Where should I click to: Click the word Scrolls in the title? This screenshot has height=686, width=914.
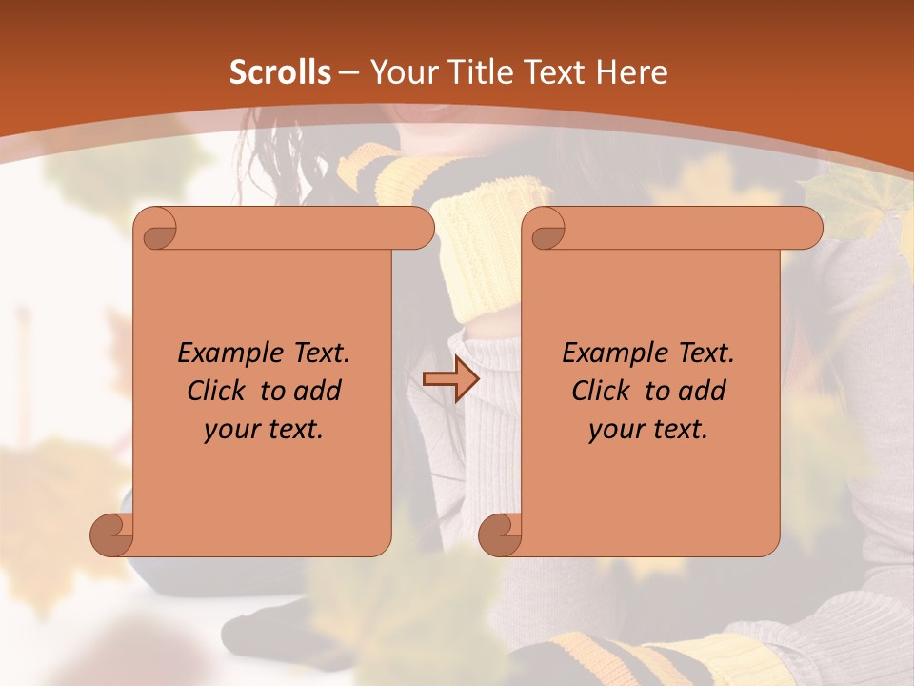tap(280, 72)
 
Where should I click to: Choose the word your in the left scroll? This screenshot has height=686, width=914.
tap(229, 430)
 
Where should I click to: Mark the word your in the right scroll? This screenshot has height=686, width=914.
tap(614, 430)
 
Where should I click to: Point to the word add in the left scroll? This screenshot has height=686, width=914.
tap(318, 391)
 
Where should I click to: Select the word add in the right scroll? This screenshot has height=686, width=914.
tap(703, 391)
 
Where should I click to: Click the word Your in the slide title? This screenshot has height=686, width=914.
tap(404, 72)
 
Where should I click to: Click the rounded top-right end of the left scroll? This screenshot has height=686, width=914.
tap(420, 228)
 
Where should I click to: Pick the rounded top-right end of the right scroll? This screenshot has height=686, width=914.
tap(808, 228)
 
